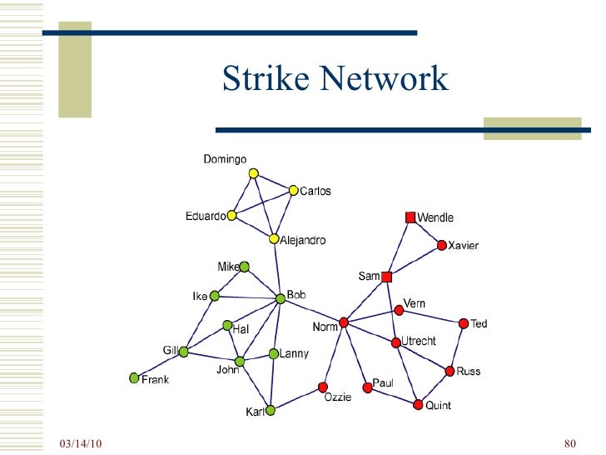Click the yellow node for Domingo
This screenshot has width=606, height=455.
(254, 173)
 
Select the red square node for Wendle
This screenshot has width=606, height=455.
(410, 217)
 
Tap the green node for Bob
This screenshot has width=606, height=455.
(281, 298)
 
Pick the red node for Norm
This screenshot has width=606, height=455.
(344, 322)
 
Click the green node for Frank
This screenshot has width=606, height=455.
(134, 378)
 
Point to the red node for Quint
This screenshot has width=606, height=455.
(418, 405)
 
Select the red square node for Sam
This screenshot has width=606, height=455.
(386, 277)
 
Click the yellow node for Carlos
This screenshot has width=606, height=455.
(293, 190)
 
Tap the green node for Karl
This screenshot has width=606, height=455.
(271, 410)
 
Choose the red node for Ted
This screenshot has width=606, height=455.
(463, 323)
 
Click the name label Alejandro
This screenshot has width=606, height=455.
(303, 240)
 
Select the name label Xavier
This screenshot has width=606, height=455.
(464, 246)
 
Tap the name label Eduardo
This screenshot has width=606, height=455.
(205, 217)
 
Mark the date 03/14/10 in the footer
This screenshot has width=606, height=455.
(81, 442)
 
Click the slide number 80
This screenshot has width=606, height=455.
(570, 442)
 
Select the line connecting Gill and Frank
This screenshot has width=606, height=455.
(159, 365)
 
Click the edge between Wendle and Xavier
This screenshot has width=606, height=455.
(426, 232)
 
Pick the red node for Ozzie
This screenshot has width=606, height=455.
(322, 387)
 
